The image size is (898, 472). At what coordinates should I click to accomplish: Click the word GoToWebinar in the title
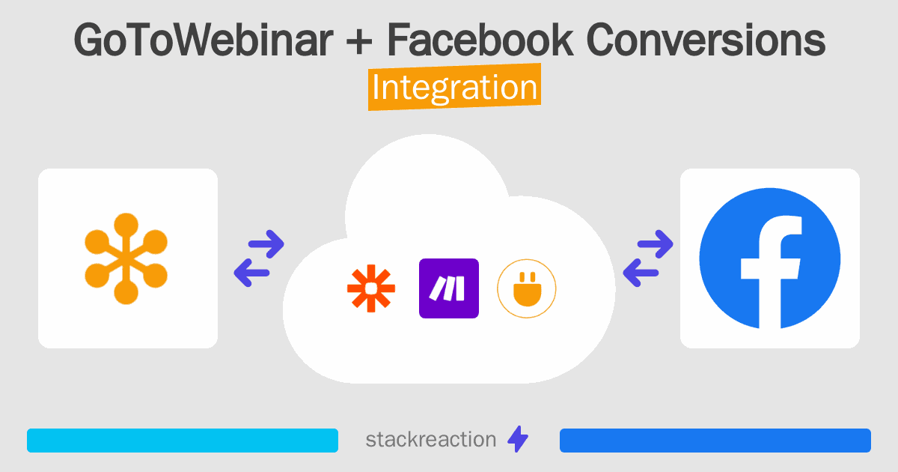coord(202,41)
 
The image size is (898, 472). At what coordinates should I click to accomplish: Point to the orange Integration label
coord(454,88)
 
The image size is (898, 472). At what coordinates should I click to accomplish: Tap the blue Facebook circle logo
coord(769,258)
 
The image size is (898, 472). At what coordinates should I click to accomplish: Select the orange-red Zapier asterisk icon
coord(370,288)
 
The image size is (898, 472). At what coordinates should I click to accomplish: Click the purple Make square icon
coord(449,288)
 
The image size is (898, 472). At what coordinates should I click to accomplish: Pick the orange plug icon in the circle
coord(527,288)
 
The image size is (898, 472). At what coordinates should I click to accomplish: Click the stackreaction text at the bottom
coord(430,440)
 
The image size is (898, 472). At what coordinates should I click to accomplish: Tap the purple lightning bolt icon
coord(518,440)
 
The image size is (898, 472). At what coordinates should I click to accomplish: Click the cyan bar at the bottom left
coord(182,441)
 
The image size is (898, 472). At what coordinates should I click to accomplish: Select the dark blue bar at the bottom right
coord(715,441)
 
